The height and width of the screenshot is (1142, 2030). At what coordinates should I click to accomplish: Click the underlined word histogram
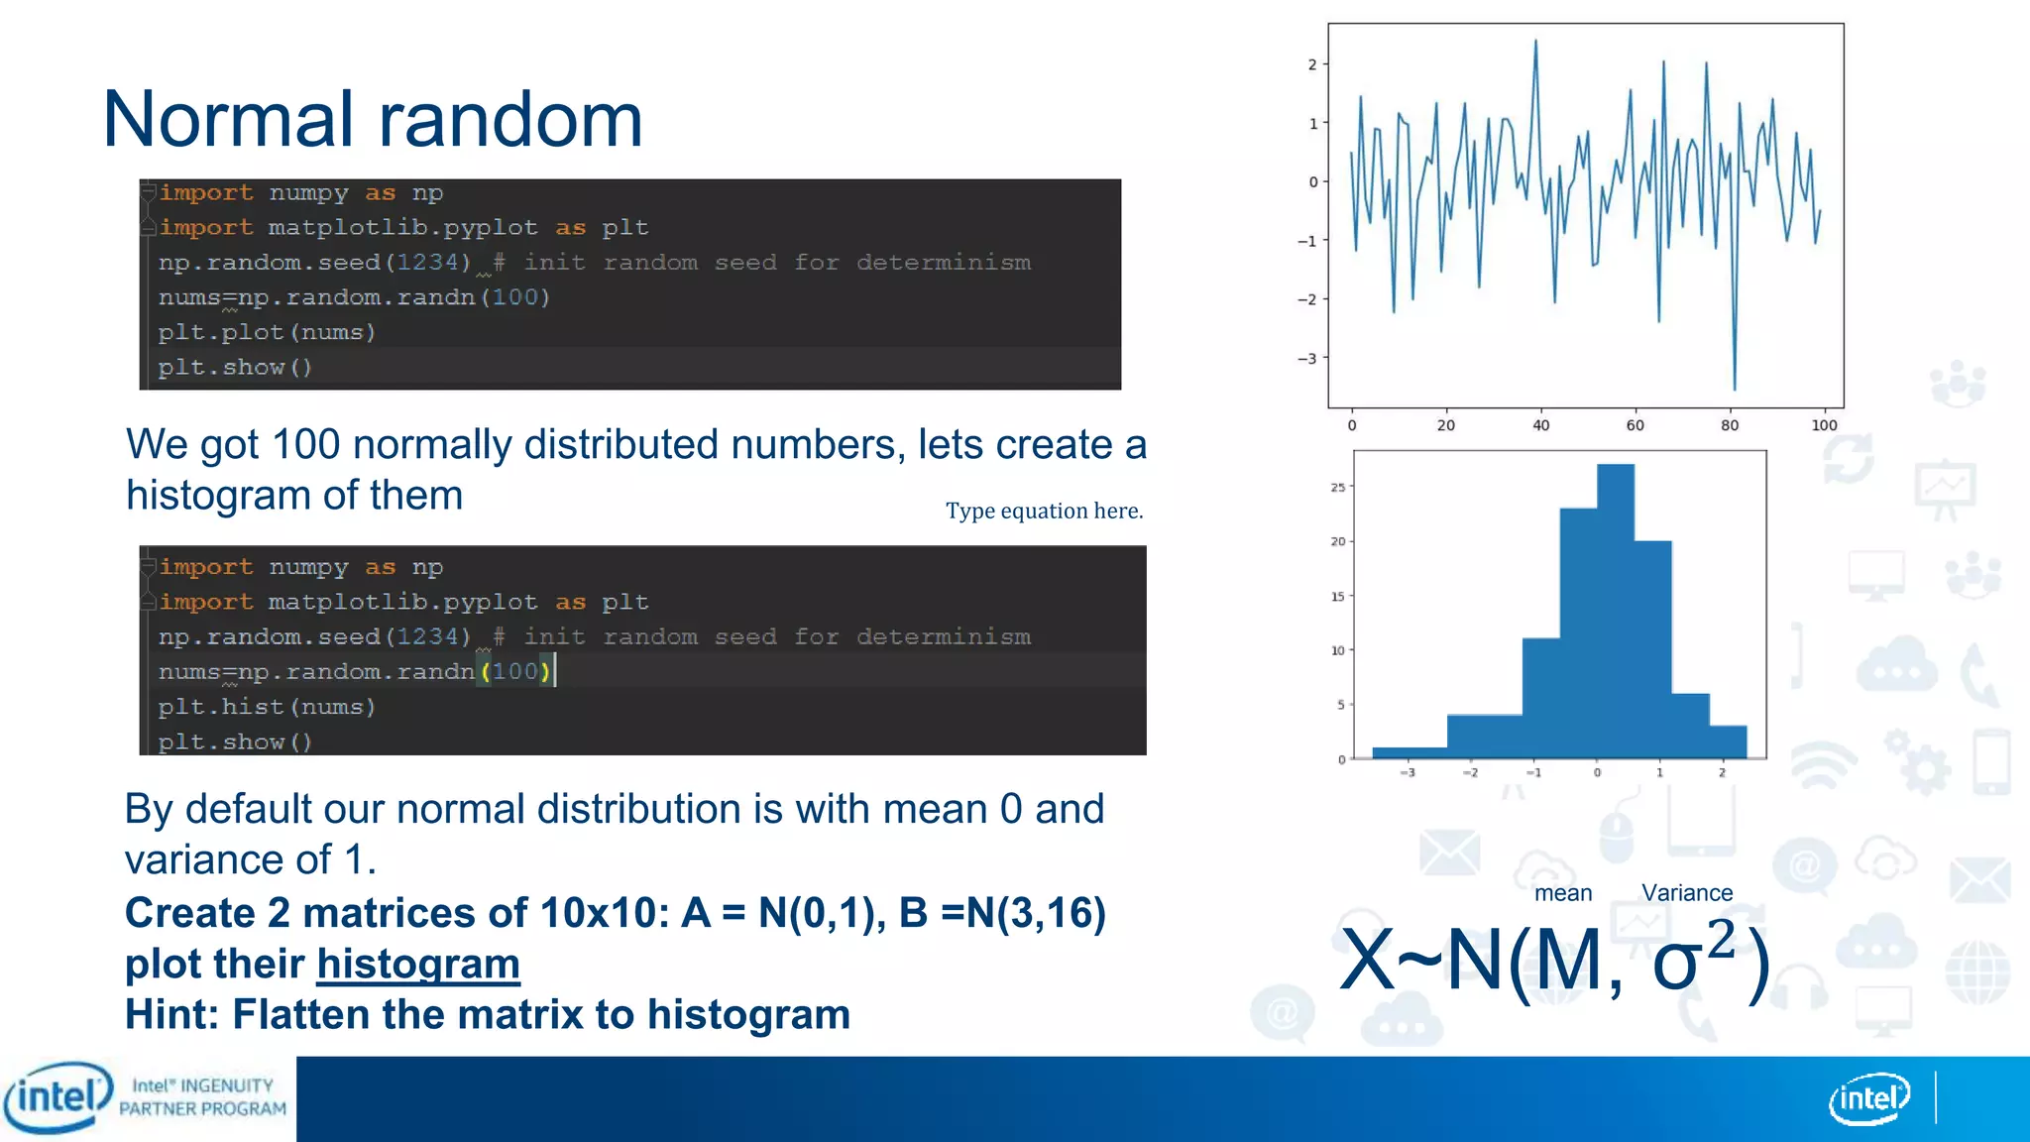pos(418,965)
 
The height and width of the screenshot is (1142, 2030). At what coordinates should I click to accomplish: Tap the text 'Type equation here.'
pos(1044,512)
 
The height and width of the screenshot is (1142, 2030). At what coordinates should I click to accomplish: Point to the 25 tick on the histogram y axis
pos(1338,488)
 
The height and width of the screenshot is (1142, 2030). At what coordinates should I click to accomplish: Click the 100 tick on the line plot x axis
pos(1824,425)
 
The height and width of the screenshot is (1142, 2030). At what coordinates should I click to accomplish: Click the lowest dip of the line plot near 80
pos(1734,387)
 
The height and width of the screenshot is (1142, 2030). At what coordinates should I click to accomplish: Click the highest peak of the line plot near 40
pos(1535,43)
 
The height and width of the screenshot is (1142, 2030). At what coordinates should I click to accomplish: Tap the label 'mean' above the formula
pos(1563,893)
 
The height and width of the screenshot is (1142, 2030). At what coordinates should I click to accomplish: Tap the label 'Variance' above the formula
pos(1687,893)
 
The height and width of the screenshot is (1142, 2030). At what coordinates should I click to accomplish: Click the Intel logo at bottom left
pos(57,1097)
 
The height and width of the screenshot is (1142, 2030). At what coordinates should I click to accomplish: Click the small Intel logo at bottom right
pos(1868,1099)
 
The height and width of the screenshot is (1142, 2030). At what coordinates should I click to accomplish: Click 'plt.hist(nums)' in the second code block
pos(267,707)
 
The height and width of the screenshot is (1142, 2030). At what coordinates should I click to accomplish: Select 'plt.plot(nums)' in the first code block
pos(267,333)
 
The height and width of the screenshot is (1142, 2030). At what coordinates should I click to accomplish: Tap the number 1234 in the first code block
pos(427,263)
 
